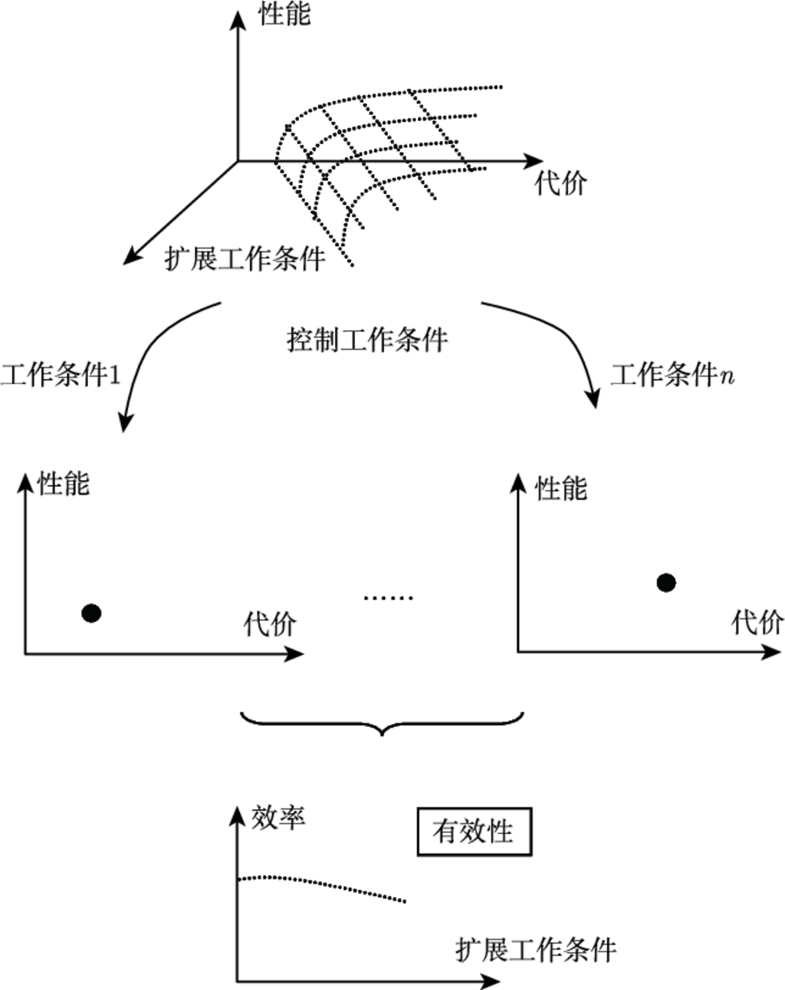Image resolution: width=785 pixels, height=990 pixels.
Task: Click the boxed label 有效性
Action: [474, 831]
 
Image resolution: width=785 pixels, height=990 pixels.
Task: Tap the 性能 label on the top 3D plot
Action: [285, 14]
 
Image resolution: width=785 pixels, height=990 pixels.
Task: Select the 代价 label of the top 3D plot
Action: [561, 183]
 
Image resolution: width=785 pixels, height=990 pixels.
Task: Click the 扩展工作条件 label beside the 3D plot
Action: [245, 259]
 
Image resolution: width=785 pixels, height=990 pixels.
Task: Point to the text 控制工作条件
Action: [367, 339]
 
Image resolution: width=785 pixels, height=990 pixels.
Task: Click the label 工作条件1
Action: [61, 376]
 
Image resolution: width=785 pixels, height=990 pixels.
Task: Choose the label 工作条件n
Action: [672, 375]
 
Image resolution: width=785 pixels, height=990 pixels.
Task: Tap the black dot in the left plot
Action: [91, 613]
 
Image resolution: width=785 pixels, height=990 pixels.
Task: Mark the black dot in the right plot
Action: [666, 583]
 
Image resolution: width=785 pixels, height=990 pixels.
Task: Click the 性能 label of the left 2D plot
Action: [64, 484]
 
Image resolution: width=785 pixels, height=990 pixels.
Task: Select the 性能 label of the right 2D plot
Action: [561, 488]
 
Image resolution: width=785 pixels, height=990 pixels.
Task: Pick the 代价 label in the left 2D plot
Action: [270, 623]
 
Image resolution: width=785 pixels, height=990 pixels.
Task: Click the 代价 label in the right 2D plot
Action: [757, 622]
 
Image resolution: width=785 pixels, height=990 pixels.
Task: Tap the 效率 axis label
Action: [278, 817]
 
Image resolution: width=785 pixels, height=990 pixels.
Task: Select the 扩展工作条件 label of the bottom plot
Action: [536, 950]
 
